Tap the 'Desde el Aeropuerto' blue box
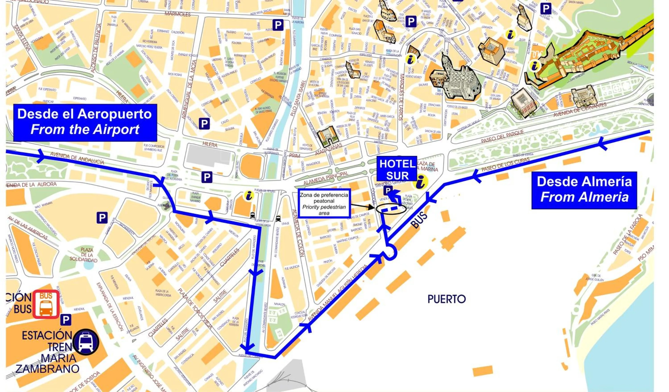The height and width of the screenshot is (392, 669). pyautogui.click(x=85, y=122)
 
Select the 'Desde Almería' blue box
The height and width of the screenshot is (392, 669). pyautogui.click(x=584, y=190)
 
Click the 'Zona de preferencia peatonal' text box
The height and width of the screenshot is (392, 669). pyautogui.click(x=324, y=203)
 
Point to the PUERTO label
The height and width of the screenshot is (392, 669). pyautogui.click(x=446, y=299)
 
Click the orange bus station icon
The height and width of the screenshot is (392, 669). pyautogui.click(x=46, y=304)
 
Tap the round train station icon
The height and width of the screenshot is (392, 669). pyautogui.click(x=86, y=342)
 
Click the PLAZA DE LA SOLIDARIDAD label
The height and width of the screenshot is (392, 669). pyautogui.click(x=83, y=255)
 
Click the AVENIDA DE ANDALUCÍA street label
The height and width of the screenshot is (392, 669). pyautogui.click(x=77, y=158)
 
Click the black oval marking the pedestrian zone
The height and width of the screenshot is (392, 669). pyautogui.click(x=391, y=209)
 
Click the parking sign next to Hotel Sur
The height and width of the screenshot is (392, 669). pyautogui.click(x=388, y=190)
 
